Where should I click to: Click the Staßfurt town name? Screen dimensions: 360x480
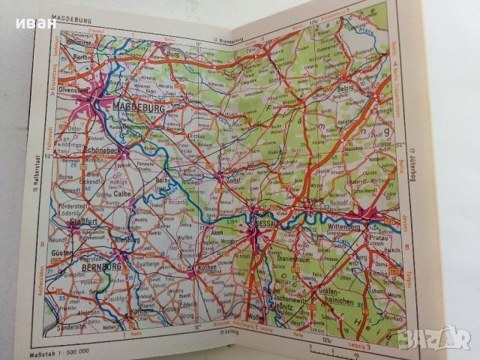point(76,223)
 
